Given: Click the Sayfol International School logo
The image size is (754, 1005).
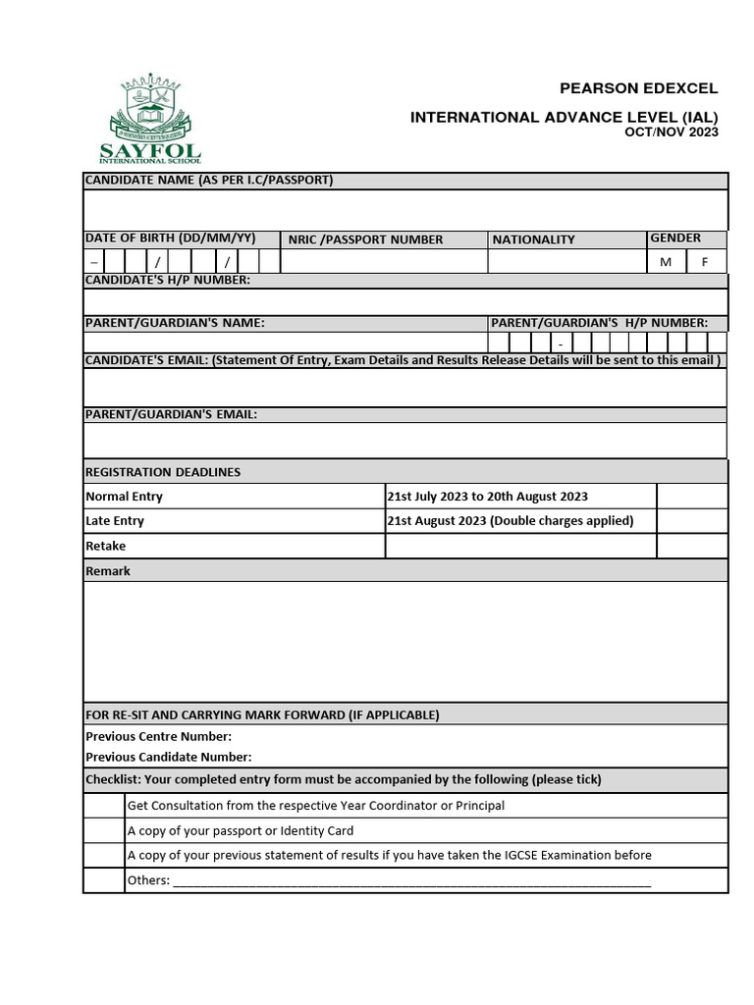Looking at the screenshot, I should coord(150,118).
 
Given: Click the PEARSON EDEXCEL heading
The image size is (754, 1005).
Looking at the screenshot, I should coord(638,89).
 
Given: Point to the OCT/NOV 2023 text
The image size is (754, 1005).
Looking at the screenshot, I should coord(672,132).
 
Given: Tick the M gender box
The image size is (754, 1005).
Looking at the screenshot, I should coord(666,262).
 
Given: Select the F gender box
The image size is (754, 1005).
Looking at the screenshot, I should coord(705,262).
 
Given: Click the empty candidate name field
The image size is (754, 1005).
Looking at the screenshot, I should coord(405,210).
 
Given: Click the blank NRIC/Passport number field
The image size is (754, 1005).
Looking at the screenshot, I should coord(384,262).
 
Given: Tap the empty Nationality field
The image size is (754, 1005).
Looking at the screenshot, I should coord(566,262).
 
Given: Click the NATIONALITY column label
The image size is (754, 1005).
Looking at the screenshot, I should coord(533,239).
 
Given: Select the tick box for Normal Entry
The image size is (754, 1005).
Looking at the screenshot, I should coord(692,497).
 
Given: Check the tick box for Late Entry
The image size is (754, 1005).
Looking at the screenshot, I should coord(692,521).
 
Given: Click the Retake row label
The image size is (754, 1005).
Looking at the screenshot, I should coord(106,547).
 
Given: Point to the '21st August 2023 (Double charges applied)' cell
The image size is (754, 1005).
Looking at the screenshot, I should coord(511,521).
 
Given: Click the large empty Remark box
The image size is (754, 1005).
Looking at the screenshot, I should coord(405,642).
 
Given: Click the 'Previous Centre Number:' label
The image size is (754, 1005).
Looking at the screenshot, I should coord(159,736).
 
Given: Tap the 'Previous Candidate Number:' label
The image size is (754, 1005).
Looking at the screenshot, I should coord(169,757).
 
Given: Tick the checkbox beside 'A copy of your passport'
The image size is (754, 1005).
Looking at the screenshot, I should coord(103,830).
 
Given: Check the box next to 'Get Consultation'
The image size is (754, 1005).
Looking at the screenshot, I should coord(103,806).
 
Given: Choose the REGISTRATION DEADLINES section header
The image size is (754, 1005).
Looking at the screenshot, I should coord(163,472).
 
